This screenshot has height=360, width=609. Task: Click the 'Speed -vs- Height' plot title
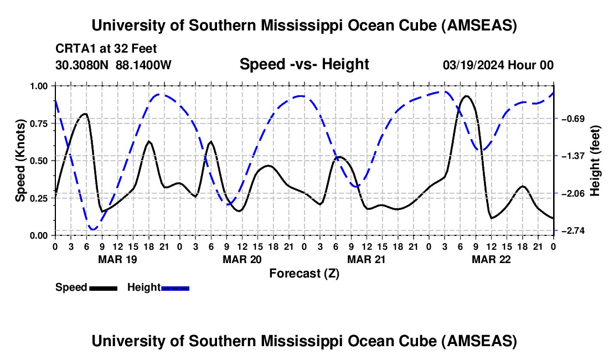click(304, 64)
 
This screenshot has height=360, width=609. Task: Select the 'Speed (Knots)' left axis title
click(20, 161)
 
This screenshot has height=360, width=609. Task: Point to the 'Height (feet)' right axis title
click(595, 161)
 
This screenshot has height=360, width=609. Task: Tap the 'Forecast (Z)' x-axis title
click(304, 273)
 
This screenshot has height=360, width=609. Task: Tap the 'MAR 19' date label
click(117, 259)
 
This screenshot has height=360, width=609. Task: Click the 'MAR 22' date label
click(491, 259)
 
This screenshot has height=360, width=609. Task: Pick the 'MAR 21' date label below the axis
click(366, 259)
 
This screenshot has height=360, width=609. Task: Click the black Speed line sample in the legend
click(103, 288)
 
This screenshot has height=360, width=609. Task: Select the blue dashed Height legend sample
click(176, 288)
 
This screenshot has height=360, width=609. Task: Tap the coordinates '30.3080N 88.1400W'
click(113, 65)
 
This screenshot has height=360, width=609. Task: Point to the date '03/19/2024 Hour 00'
click(498, 65)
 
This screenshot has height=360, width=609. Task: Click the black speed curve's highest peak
click(467, 96)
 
